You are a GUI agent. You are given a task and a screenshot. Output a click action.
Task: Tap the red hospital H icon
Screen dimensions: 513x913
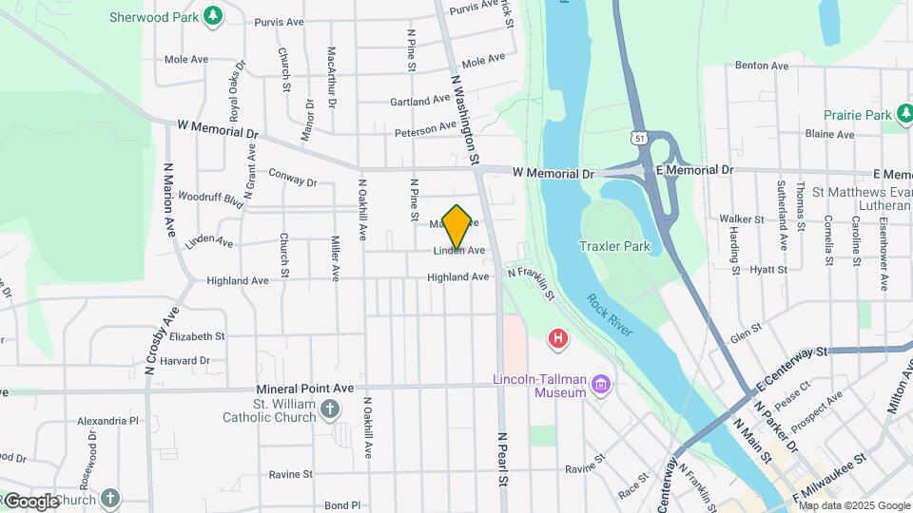pyautogui.click(x=558, y=338)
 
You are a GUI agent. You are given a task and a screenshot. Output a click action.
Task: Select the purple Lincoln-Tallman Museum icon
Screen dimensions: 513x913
pyautogui.click(x=600, y=385)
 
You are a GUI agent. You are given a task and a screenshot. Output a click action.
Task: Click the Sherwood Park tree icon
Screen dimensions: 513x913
pyautogui.click(x=215, y=16)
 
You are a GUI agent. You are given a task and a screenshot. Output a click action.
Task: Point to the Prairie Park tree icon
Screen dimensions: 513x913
pyautogui.click(x=905, y=115)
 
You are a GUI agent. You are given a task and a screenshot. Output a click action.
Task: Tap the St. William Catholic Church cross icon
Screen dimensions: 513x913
pyautogui.click(x=329, y=409)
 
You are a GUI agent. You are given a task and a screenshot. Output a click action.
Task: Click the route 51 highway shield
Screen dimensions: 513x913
pyautogui.click(x=644, y=138)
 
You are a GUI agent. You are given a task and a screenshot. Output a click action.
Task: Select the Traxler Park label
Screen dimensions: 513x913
pyautogui.click(x=614, y=246)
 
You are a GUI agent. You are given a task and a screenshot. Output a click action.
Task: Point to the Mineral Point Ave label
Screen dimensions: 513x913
pyautogui.click(x=304, y=389)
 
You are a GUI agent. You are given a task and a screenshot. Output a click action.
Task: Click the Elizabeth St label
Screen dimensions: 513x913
pyautogui.click(x=196, y=336)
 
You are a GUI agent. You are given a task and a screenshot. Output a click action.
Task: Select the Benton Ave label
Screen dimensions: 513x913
pyautogui.click(x=762, y=66)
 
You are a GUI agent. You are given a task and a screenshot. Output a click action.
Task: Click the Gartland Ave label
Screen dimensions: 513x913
pyautogui.click(x=419, y=100)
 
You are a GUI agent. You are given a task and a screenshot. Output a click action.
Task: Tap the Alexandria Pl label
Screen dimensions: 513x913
pyautogui.click(x=107, y=420)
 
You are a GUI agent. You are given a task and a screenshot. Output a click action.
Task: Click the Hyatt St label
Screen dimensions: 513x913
pyautogui.click(x=764, y=270)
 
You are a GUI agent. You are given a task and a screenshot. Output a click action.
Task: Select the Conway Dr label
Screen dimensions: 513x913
pyautogui.click(x=292, y=178)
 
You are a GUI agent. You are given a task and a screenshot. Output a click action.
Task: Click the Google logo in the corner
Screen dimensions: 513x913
pyautogui.click(x=31, y=501)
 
